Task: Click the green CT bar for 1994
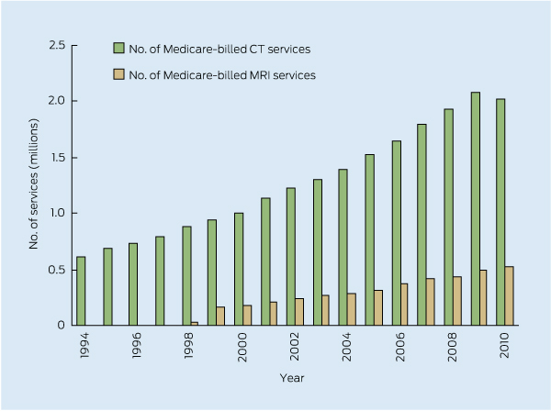click(x=81, y=291)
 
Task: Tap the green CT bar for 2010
click(x=500, y=212)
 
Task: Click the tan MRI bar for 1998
click(x=194, y=323)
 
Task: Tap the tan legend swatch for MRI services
click(x=118, y=74)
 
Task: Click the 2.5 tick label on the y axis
click(x=57, y=45)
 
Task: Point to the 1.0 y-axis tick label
click(x=57, y=213)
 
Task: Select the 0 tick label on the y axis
click(x=62, y=325)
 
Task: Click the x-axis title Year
click(x=293, y=377)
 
